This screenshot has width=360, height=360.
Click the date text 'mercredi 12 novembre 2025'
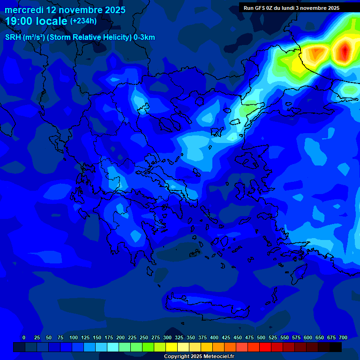65,10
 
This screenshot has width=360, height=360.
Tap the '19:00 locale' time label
37,21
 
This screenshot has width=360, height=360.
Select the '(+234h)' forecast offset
83,21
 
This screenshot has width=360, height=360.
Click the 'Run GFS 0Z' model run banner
291,8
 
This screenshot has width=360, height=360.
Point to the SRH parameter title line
80,37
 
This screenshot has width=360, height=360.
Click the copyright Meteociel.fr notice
199,356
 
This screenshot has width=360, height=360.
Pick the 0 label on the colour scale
24,337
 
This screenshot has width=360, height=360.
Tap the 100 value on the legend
74,337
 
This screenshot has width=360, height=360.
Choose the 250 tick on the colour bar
144,337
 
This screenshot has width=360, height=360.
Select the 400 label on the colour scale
214,337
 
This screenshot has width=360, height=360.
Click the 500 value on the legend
261,337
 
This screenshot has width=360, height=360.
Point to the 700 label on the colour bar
343,337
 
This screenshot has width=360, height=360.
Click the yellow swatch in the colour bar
172,347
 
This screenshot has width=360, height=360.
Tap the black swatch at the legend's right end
336,347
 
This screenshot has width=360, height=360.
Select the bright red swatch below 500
265,347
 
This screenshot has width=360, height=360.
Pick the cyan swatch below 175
113,347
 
